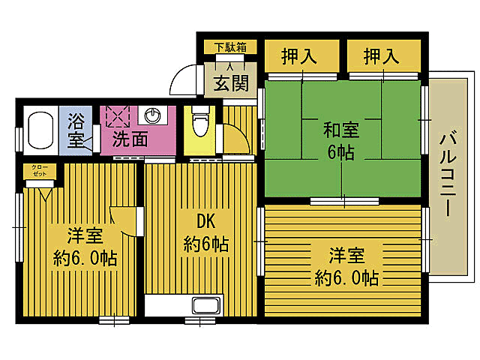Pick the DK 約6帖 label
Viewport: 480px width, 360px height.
tap(205, 233)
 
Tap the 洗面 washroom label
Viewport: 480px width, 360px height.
tap(130, 139)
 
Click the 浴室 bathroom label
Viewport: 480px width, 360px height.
tap(76, 130)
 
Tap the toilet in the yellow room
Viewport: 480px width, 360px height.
tap(199, 123)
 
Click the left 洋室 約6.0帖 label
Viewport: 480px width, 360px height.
tap(83, 247)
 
